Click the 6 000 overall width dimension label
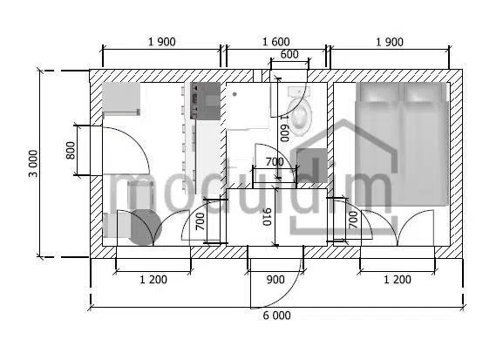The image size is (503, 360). (276, 316)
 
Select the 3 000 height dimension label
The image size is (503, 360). (33, 163)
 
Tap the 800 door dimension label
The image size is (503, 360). (71, 151)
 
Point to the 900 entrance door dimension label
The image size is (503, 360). (275, 280)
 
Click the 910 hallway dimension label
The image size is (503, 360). (267, 217)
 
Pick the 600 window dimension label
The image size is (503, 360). (289, 54)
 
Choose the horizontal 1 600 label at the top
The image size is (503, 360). (275, 42)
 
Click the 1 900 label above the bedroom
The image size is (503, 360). (390, 42)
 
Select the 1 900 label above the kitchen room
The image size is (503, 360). (161, 42)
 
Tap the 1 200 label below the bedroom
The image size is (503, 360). (398, 280)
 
